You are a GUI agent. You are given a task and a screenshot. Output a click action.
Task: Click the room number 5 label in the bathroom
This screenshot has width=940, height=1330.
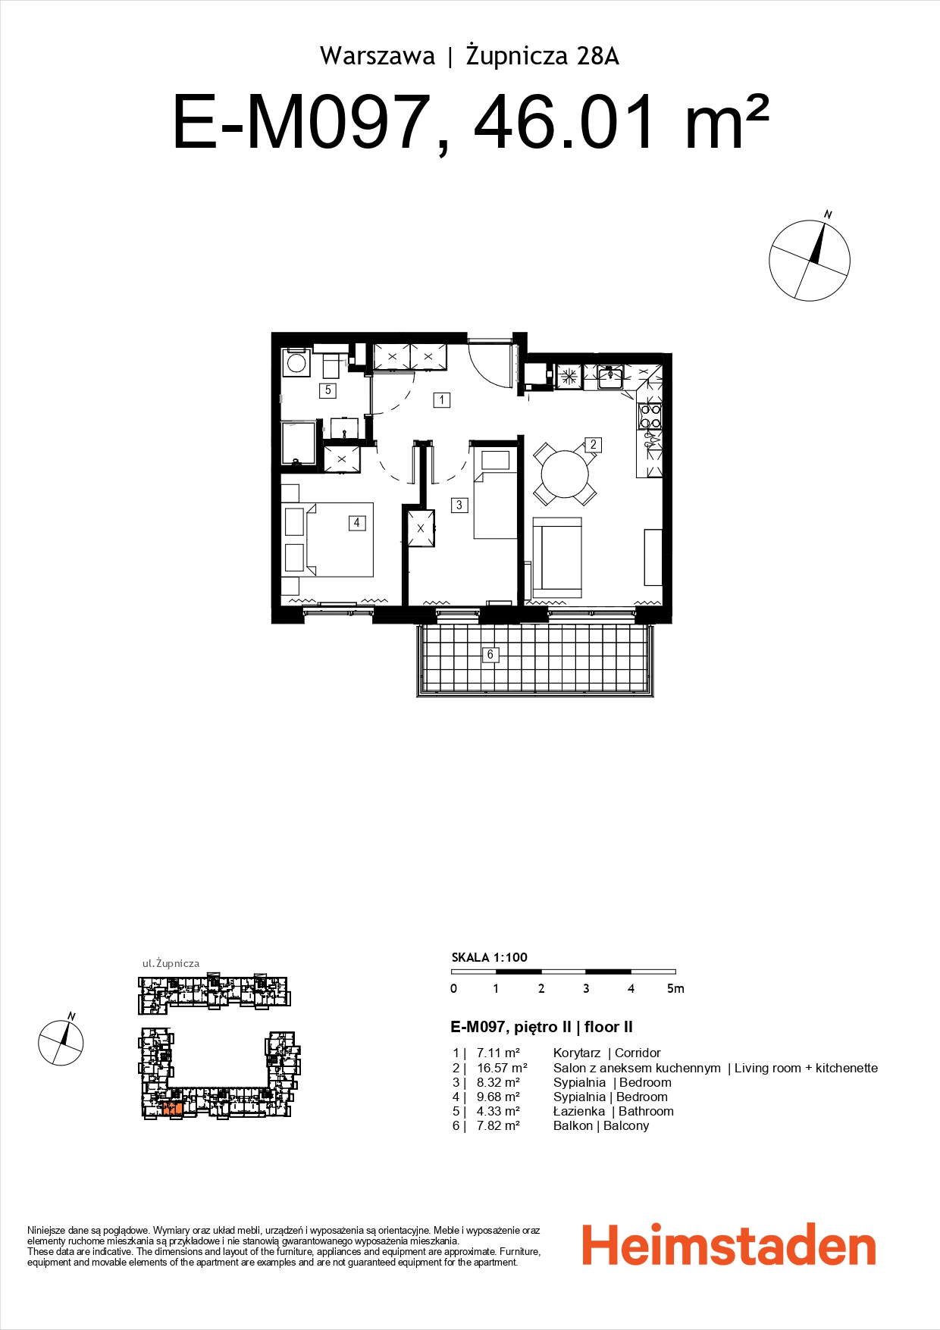328,390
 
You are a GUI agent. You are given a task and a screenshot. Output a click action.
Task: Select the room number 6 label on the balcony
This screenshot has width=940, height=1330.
490,654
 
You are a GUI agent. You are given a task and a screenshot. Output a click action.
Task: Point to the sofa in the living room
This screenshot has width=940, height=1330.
557,558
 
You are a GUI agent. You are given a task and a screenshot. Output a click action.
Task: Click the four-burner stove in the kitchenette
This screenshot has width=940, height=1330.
650,417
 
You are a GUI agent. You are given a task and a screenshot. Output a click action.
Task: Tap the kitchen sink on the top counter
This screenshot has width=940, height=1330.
609,376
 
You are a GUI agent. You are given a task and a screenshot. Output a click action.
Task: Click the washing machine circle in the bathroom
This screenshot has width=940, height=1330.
296,364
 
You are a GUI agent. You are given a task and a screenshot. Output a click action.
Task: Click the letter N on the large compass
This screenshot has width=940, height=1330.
828,215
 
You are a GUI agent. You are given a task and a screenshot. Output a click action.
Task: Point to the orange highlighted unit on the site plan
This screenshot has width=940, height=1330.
171,1109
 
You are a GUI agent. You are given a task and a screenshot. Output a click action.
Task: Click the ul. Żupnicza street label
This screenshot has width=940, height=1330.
171,963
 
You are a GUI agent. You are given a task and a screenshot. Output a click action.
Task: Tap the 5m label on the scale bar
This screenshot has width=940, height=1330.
675,988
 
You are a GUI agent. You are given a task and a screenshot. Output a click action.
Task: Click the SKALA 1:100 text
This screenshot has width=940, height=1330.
489,957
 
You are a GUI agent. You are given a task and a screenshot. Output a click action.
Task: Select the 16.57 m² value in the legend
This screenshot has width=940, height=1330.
502,1068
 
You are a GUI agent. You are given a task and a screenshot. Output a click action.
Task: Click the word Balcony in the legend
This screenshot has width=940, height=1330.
626,1125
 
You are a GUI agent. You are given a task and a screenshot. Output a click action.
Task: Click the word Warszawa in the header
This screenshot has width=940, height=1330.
378,56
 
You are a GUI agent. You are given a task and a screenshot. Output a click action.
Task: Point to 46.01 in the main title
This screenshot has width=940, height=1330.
564,124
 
